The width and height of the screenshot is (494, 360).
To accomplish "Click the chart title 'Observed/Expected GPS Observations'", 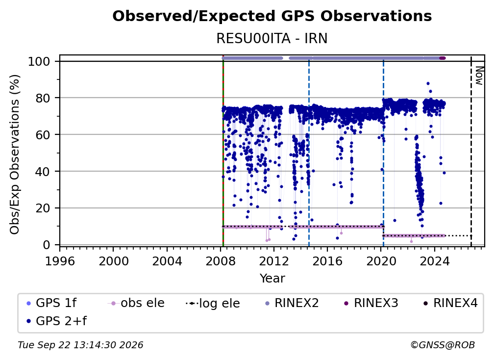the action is pyautogui.click(x=272, y=16).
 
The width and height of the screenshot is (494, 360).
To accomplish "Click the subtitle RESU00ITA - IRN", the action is pyautogui.click(x=272, y=38).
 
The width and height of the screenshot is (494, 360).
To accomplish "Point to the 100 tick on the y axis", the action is pyautogui.click(x=39, y=61).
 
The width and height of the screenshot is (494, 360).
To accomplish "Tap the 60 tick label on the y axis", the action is pyautogui.click(x=43, y=134).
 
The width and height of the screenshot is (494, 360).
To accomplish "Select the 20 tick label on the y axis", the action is pyautogui.click(x=43, y=208).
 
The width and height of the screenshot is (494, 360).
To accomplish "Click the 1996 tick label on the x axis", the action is pyautogui.click(x=60, y=261).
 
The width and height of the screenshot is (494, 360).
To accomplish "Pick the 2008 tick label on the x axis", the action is pyautogui.click(x=220, y=261).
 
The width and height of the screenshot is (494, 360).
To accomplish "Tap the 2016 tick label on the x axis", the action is pyautogui.click(x=327, y=261).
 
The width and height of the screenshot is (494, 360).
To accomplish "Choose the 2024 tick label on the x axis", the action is pyautogui.click(x=434, y=261).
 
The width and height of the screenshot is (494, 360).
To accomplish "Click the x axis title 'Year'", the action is pyautogui.click(x=272, y=279).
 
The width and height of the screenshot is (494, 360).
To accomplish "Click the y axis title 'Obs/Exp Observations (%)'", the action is pyautogui.click(x=15, y=154).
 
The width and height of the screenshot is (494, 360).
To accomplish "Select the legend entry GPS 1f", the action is pyautogui.click(x=51, y=303).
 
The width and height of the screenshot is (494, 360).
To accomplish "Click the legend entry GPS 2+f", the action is pyautogui.click(x=57, y=321).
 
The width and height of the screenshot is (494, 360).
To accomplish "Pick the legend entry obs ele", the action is pyautogui.click(x=136, y=303).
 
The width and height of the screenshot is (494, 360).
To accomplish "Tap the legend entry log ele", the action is pyautogui.click(x=213, y=303).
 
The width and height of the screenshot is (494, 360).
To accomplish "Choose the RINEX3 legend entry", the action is pyautogui.click(x=371, y=303).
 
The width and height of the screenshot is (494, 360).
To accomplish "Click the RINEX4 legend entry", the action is pyautogui.click(x=450, y=303).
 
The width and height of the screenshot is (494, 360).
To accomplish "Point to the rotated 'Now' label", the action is pyautogui.click(x=479, y=76).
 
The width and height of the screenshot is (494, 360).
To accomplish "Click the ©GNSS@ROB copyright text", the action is pyautogui.click(x=443, y=345).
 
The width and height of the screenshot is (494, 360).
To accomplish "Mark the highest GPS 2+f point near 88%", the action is pyautogui.click(x=428, y=83).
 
